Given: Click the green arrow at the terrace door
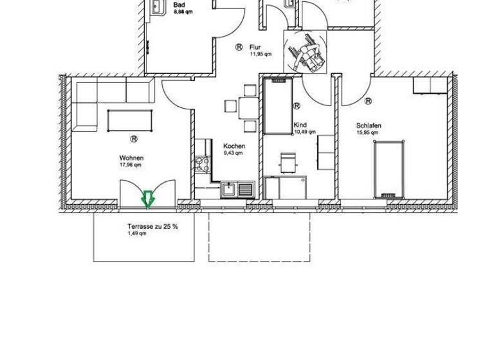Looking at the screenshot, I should point(147,199).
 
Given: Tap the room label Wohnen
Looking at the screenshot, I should point(131,157).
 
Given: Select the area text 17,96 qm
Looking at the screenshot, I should point(131,164).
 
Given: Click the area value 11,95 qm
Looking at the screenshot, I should point(261,54).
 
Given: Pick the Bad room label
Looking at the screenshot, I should point(179,5).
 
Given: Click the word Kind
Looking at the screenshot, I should point(300,125).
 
